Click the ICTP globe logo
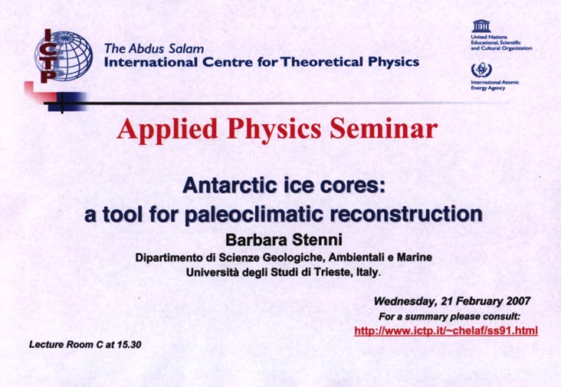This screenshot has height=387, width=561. (x=64, y=56)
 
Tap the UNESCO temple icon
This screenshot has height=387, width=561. (x=481, y=26)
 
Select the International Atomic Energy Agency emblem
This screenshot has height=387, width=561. (x=479, y=69)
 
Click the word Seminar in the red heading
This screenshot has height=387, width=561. (x=383, y=129)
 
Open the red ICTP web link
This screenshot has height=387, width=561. (x=446, y=330)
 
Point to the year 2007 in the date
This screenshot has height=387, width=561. (x=518, y=301)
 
